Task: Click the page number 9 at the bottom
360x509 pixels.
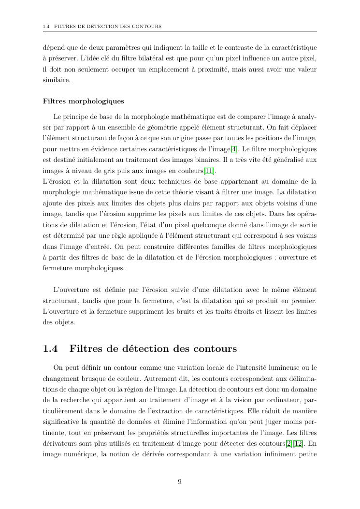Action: coord(180,481)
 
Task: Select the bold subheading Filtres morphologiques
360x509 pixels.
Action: coord(83,101)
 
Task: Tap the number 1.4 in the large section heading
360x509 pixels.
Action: coord(50,349)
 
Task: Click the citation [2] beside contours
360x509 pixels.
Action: coord(288,444)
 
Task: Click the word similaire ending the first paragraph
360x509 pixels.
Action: coord(57,80)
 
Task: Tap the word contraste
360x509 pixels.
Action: coord(240,47)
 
